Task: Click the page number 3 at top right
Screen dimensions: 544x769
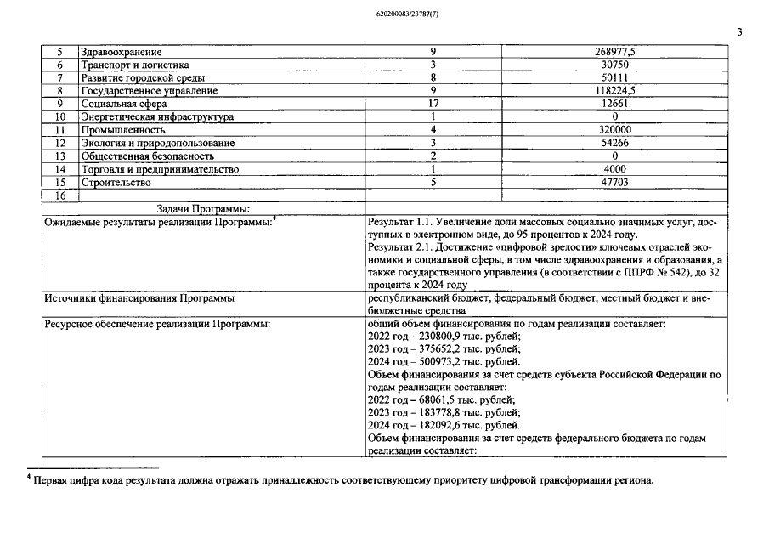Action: tap(739, 32)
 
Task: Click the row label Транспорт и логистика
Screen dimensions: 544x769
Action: tap(134, 65)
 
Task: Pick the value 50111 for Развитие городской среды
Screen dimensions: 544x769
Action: tap(614, 77)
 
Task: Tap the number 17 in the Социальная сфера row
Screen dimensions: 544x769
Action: tap(433, 104)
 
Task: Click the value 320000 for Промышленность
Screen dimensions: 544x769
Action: tap(614, 130)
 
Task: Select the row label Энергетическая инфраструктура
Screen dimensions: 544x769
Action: tap(156, 116)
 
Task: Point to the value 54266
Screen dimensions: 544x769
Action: tap(614, 143)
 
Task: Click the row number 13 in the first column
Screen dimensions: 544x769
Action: tap(59, 156)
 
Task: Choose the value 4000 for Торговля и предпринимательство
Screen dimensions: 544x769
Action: tap(614, 169)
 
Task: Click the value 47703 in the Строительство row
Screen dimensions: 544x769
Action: tap(614, 182)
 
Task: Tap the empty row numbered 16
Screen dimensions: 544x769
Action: tap(59, 195)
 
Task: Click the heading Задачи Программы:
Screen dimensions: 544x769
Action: tap(203, 208)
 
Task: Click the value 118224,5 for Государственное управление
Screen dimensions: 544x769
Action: tap(614, 91)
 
